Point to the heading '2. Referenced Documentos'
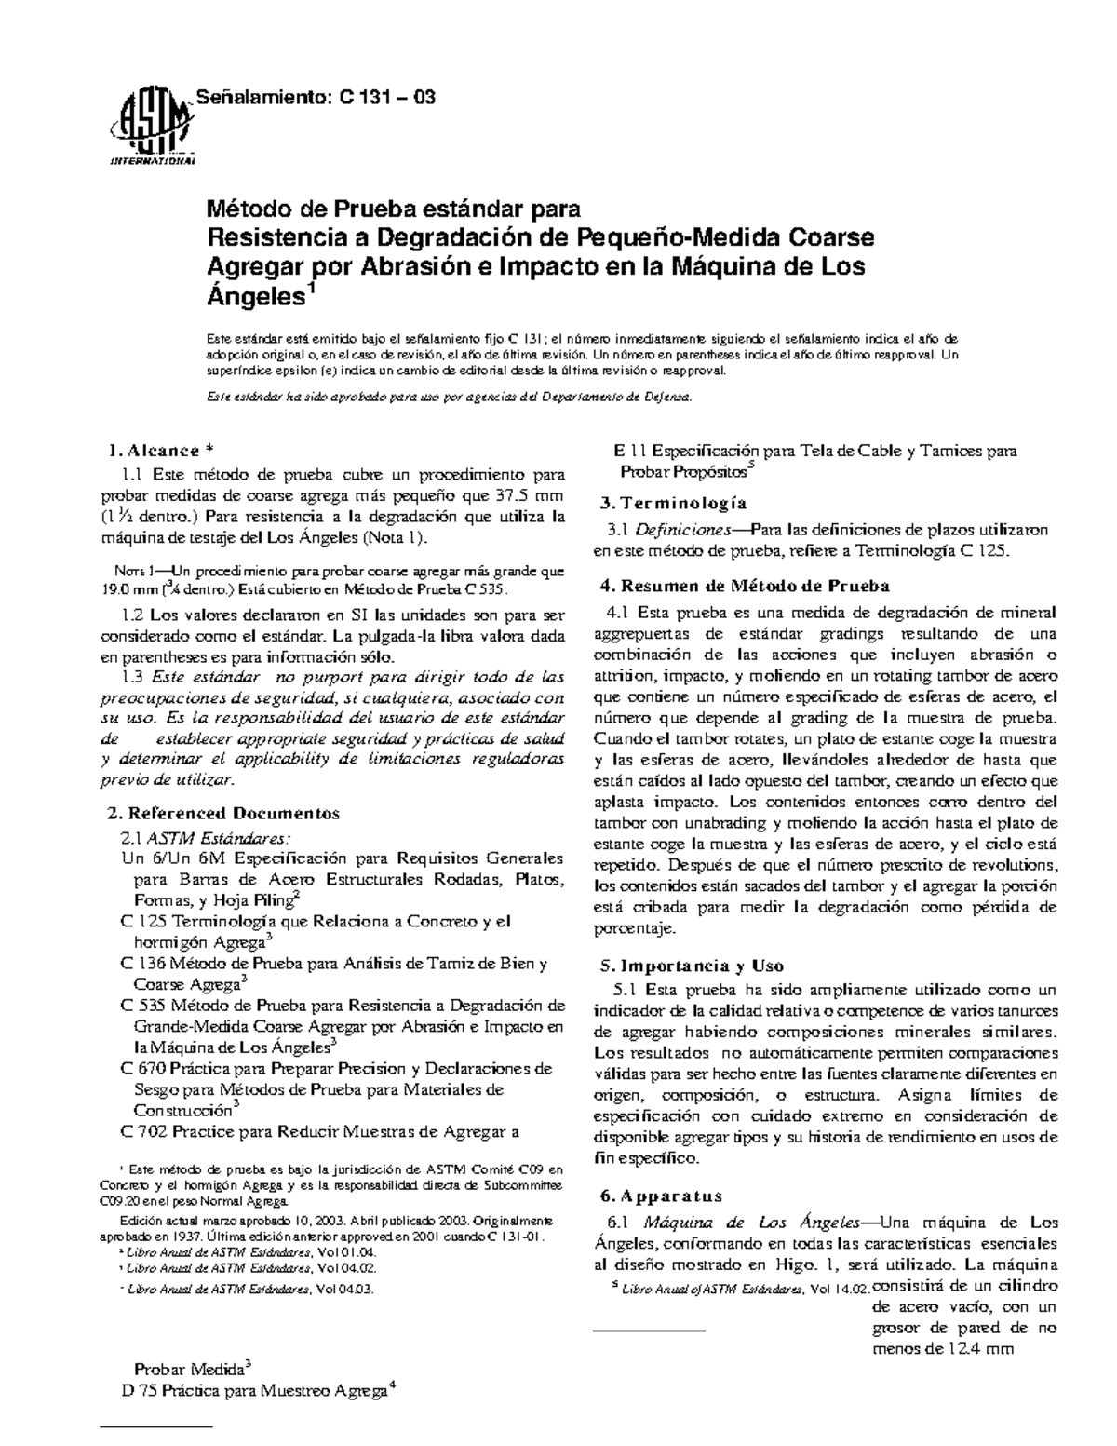tap(224, 813)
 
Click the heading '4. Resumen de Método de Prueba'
tap(745, 587)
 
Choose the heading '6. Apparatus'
tap(660, 1196)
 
